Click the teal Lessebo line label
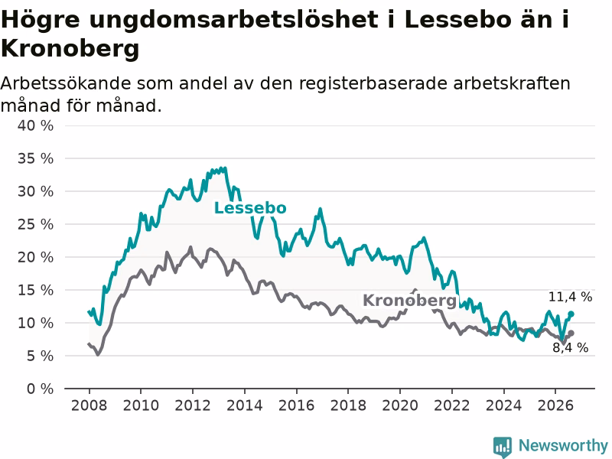click(250, 208)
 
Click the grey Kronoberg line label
click(409, 301)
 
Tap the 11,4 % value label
click(570, 297)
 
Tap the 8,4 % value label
click(570, 347)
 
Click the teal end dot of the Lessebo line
click(571, 314)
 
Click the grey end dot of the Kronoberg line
click(571, 333)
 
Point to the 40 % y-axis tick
click(35, 125)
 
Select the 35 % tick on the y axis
click(35, 158)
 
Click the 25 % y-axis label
click(35, 224)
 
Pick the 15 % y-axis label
click(35, 290)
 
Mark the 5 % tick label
click(40, 356)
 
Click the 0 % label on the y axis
click(40, 389)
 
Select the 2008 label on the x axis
click(89, 405)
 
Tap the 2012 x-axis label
click(193, 405)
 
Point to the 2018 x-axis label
click(348, 405)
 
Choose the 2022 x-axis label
click(452, 405)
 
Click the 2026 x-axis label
click(555, 405)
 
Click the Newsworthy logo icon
click(503, 446)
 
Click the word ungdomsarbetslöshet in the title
click(234, 21)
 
